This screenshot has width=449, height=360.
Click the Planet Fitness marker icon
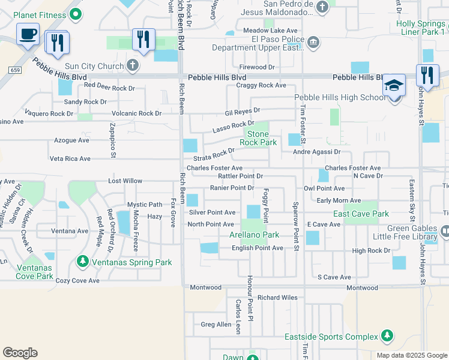click(75, 13)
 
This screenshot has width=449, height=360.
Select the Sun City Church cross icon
click(133, 65)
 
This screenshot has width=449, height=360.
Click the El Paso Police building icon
click(313, 42)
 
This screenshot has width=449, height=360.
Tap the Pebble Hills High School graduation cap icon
click(394, 85)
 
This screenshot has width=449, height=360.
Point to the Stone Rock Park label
click(258, 139)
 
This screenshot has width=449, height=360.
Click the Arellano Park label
click(255, 235)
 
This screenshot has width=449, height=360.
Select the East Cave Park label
click(361, 214)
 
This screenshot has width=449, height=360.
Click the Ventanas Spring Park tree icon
click(83, 262)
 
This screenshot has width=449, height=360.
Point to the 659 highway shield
click(14, 70)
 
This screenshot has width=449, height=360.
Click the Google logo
click(20, 352)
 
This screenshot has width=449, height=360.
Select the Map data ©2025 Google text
click(411, 355)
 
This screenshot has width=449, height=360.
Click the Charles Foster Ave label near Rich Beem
click(214, 168)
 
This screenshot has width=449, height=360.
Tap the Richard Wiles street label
click(277, 297)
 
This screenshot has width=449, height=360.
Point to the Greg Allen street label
click(215, 325)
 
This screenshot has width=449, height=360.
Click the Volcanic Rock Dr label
click(137, 113)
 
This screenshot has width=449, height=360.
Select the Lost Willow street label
click(125, 181)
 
